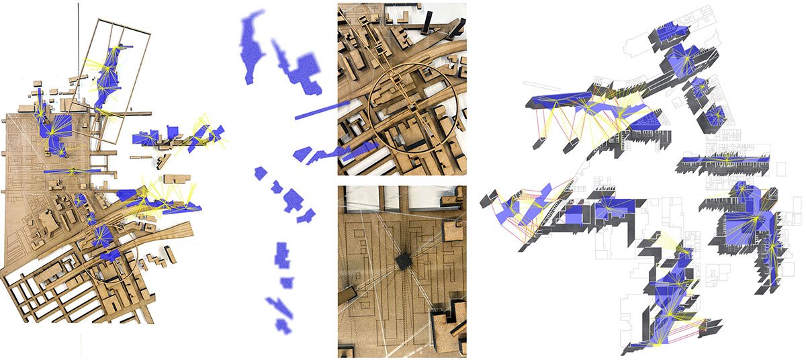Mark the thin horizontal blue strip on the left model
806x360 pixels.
tap(71, 171)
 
